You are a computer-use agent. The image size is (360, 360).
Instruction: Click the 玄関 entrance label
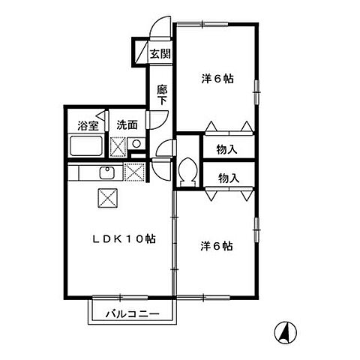tap(159, 53)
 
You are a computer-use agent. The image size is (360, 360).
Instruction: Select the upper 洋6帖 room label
tap(216, 78)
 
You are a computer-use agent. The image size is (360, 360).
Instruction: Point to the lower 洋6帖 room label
tap(216, 245)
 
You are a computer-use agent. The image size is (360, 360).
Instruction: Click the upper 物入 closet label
tap(228, 149)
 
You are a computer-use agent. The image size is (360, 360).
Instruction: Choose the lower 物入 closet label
tap(228, 178)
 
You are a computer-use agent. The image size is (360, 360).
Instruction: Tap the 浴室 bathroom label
tap(88, 125)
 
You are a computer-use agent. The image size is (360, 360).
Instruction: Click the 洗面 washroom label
tap(126, 125)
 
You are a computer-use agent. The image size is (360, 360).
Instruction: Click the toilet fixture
tap(187, 170)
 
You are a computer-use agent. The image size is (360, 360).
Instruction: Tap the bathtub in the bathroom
tap(85, 145)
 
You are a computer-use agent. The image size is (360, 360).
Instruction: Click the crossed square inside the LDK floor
tap(105, 199)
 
